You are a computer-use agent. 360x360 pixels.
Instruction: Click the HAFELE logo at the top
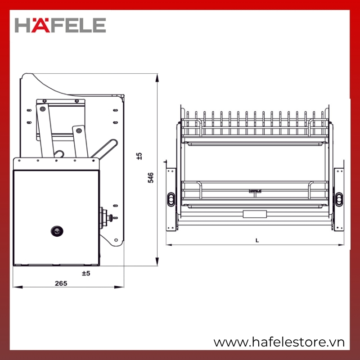[60, 25]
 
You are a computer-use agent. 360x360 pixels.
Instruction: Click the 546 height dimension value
[150, 178]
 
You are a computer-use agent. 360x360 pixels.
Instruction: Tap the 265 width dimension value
[61, 283]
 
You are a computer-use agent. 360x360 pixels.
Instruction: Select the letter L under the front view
[257, 240]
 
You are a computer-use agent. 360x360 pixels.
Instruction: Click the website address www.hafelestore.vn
[279, 342]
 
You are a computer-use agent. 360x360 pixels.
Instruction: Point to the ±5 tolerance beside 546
[139, 156]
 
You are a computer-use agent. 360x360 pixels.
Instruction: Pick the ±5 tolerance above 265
[86, 273]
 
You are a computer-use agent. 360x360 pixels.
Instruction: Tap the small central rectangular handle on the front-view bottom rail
[255, 214]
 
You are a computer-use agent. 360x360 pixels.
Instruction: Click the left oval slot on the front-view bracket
[171, 199]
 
